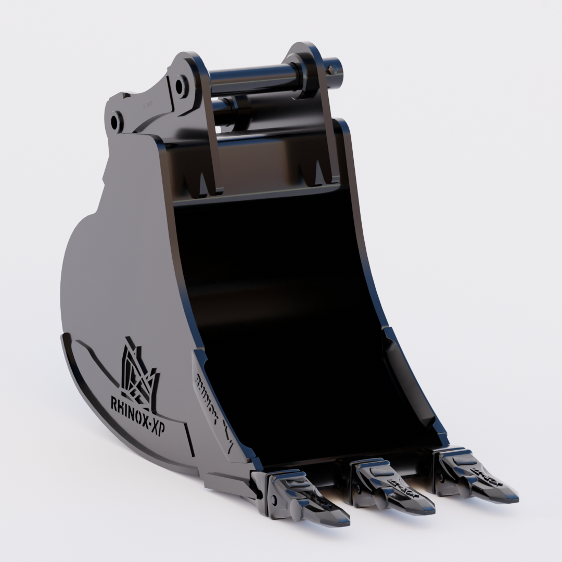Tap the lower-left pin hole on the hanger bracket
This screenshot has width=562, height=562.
point(117,122)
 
